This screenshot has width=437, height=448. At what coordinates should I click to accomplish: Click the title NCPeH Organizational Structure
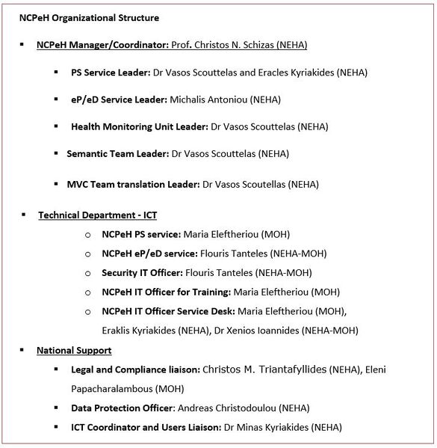pos(89,18)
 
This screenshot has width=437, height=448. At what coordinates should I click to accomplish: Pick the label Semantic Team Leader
pos(117,154)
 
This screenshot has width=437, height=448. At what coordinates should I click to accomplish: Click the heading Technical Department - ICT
pos(97,215)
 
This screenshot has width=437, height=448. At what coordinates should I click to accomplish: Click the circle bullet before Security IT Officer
pos(88,274)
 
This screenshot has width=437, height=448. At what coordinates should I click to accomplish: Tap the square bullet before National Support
pos(22,350)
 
